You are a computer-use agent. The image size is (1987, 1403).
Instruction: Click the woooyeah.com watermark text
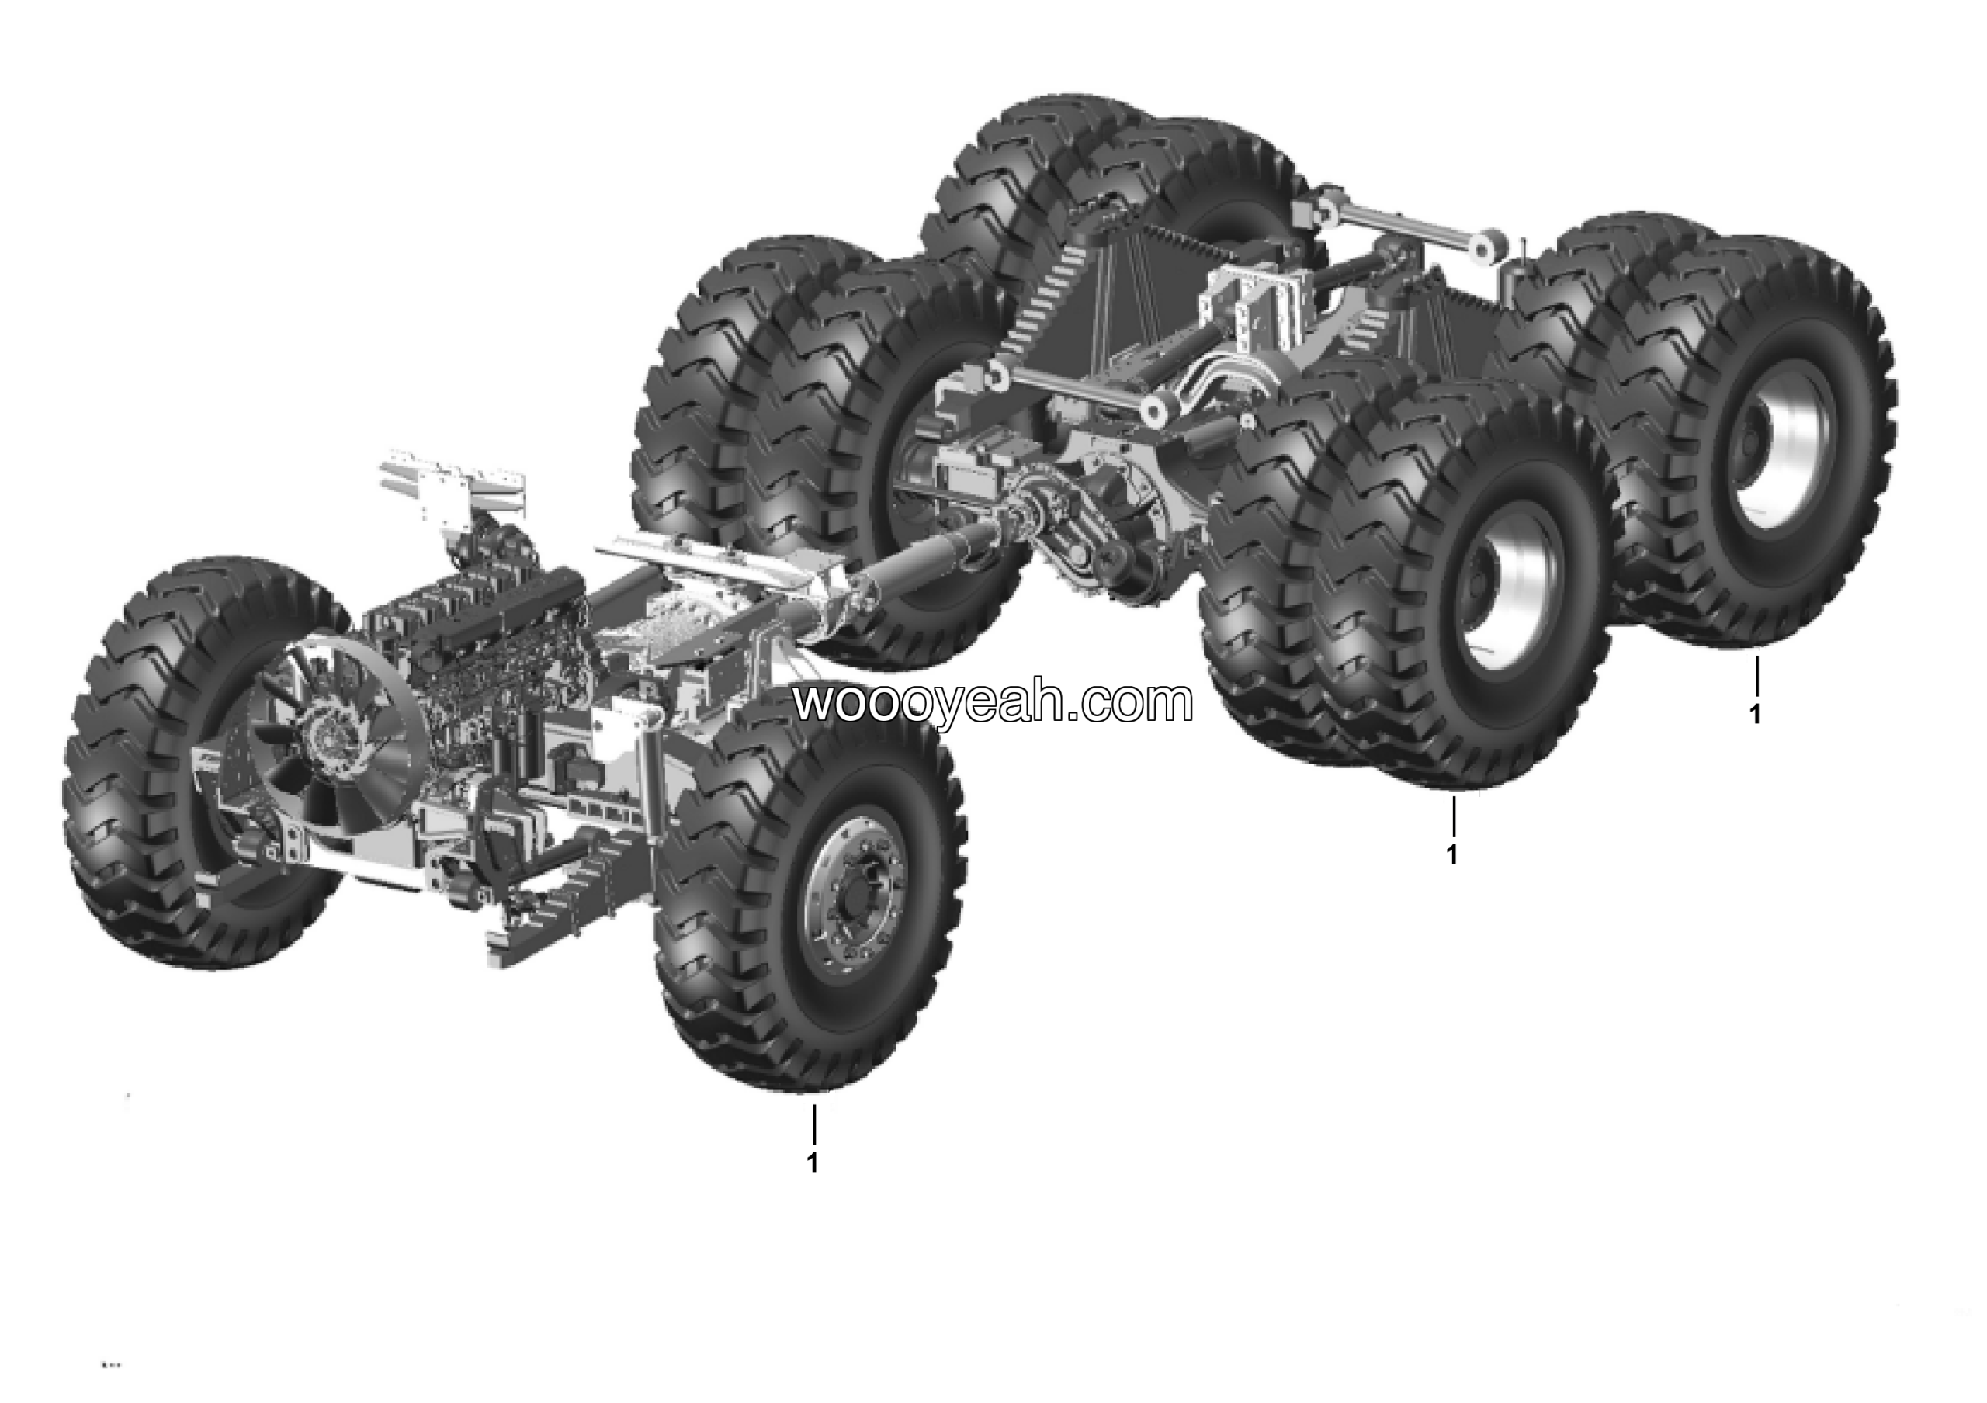(x=993, y=702)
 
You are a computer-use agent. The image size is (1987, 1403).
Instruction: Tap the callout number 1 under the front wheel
(x=812, y=1162)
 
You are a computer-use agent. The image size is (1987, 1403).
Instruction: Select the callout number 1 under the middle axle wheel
(x=1452, y=853)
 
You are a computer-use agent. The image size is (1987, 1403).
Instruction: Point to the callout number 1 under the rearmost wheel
(x=1755, y=715)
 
